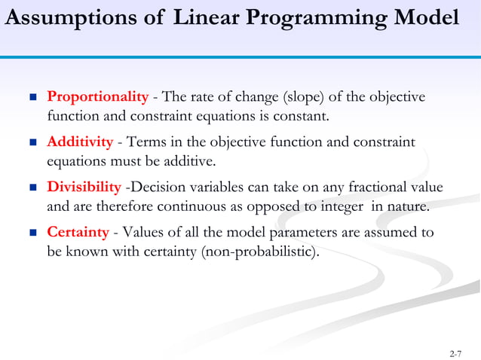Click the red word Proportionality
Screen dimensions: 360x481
[98, 97]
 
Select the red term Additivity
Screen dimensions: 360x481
[80, 142]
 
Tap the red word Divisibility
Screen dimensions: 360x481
[84, 187]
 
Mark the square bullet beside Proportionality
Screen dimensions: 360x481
[32, 98]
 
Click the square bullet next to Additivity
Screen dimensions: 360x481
[32, 142]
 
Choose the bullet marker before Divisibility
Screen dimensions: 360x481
[32, 188]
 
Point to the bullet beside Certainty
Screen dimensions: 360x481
[32, 233]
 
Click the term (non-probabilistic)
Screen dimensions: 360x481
[261, 252]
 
